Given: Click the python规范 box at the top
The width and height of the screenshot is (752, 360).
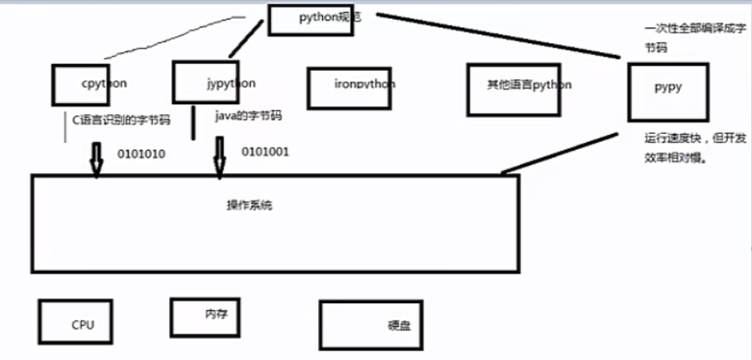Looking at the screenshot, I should (x=320, y=19).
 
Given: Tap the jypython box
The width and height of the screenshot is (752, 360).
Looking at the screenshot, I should (x=206, y=82).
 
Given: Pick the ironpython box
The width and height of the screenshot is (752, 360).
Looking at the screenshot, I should (x=349, y=87).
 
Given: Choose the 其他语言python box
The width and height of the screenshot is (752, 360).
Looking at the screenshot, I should (x=517, y=85).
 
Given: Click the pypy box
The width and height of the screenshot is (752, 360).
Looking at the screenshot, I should (x=668, y=91).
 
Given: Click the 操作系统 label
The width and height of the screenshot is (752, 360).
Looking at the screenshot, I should (x=249, y=206).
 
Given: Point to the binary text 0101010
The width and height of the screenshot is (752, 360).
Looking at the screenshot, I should (x=141, y=154).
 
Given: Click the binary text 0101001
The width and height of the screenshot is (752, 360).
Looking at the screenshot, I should (x=265, y=150).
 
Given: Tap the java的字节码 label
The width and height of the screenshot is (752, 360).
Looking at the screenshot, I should (x=248, y=116).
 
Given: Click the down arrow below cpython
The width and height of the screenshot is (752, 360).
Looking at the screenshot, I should (x=96, y=158).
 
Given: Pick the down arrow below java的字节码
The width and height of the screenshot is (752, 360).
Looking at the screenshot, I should (x=220, y=156).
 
